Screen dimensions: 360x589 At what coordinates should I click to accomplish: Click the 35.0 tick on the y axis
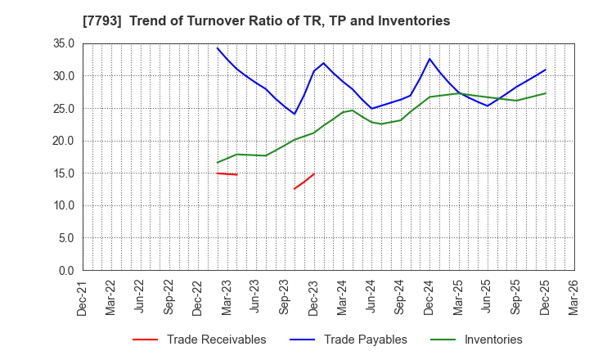pyautogui.click(x=64, y=43)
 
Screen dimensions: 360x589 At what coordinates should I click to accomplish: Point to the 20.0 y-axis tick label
pyautogui.click(x=64, y=141)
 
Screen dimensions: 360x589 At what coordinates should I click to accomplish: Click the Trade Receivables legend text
pyautogui.click(x=216, y=340)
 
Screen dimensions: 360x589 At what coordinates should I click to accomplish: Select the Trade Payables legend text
pyautogui.click(x=365, y=340)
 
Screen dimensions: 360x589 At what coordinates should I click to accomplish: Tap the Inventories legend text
pyautogui.click(x=492, y=340)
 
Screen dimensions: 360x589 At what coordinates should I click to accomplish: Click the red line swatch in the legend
pyautogui.click(x=144, y=340)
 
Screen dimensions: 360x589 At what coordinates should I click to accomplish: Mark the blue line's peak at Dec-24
pyautogui.click(x=429, y=58)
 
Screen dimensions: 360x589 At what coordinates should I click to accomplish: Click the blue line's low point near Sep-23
pyautogui.click(x=294, y=114)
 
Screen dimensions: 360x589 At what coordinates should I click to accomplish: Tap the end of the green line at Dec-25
pyautogui.click(x=546, y=93)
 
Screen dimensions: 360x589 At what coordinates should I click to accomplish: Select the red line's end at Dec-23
pyautogui.click(x=314, y=173)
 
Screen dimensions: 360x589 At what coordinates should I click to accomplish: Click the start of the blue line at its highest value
pyautogui.click(x=218, y=47)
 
